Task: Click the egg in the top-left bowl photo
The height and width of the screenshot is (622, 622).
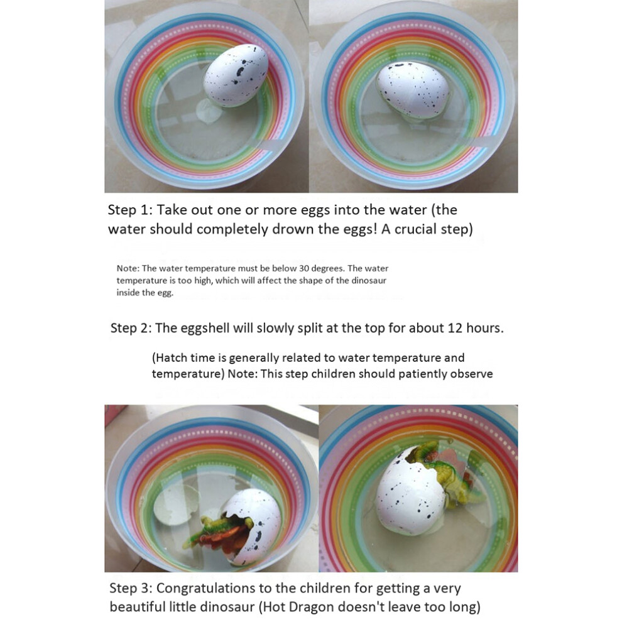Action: click(236, 75)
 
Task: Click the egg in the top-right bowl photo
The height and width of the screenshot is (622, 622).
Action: click(413, 90)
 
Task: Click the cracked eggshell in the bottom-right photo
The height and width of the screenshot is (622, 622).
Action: click(410, 494)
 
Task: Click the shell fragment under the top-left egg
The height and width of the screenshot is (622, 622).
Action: click(209, 111)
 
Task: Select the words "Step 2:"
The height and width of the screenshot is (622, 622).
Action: click(131, 328)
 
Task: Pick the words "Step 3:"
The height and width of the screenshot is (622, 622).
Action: click(131, 588)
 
